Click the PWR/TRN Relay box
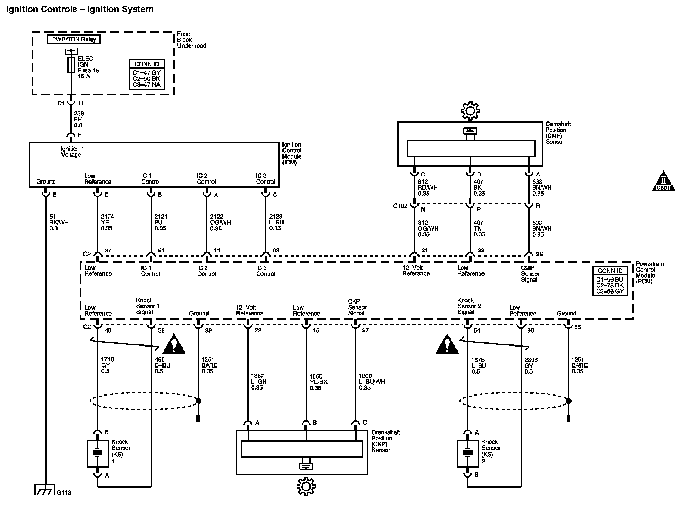(74, 39)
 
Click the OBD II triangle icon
(663, 182)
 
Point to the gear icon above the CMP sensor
(470, 111)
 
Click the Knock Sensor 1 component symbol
(98, 453)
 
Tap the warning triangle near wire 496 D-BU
(174, 344)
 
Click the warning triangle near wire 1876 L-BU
(447, 345)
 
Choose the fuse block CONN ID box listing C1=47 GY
(147, 74)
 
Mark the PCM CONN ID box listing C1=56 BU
(610, 282)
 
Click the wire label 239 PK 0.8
(79, 119)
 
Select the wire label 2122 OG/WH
(220, 222)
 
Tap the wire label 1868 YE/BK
(318, 382)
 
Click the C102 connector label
(400, 206)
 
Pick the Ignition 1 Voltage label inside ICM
(72, 152)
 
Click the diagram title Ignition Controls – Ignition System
(80, 9)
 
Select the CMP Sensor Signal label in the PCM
(530, 274)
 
